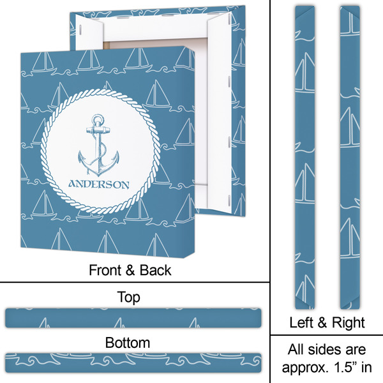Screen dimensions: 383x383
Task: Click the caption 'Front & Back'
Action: click(x=130, y=269)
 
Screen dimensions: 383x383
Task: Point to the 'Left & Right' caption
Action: click(x=326, y=322)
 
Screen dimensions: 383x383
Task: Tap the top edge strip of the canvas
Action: click(x=133, y=317)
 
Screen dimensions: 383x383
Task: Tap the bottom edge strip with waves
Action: click(x=133, y=361)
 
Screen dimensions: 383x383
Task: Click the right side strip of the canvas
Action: click(x=349, y=153)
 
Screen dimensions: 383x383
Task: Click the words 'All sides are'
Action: click(x=326, y=350)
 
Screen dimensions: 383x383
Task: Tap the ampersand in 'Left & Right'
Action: click(x=323, y=322)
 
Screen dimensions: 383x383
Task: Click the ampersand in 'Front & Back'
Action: click(x=129, y=269)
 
